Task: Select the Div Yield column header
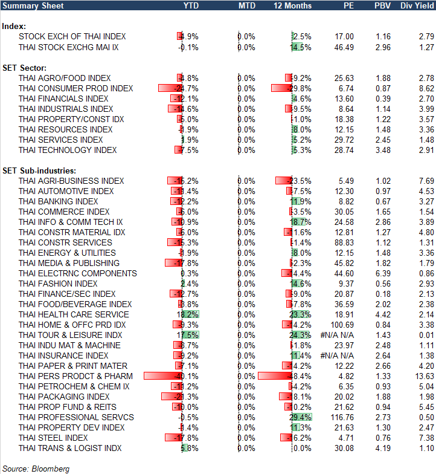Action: coord(417,5)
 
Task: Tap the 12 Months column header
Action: coord(293,5)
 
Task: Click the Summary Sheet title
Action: coord(28,5)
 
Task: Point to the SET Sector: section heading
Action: coord(25,68)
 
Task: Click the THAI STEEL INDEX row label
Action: coord(53,438)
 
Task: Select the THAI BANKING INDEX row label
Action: coord(58,201)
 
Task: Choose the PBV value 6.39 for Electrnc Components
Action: coord(382,273)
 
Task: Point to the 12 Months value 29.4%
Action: coord(301,417)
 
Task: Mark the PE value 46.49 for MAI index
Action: coord(342,47)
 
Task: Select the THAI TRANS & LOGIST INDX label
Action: coord(70,448)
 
